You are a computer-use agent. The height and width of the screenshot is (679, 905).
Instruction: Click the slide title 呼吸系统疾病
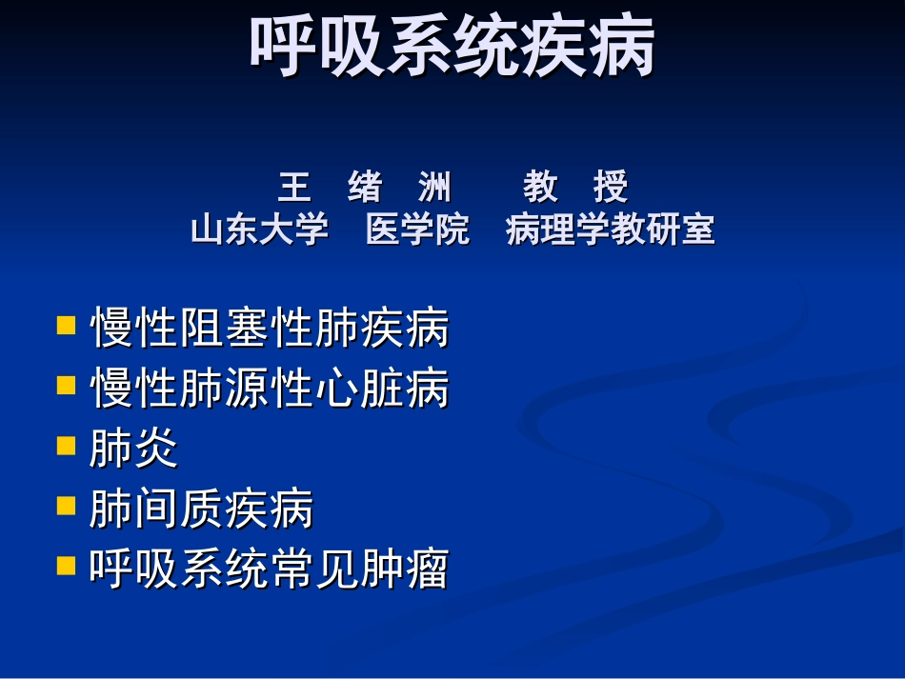point(452,47)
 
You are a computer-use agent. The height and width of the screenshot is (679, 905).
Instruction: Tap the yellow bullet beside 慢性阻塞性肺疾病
point(66,326)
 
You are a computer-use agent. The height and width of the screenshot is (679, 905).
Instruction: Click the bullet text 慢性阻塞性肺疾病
point(270,330)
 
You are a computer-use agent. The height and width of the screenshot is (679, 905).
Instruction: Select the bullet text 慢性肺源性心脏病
point(270,389)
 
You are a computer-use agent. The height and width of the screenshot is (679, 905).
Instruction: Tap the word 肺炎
point(133,449)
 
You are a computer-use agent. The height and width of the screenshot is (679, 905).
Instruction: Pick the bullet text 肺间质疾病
point(201,509)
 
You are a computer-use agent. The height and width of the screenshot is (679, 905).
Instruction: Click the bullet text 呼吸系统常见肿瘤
point(270,569)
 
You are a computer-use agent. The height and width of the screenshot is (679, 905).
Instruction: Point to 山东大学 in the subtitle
point(260,230)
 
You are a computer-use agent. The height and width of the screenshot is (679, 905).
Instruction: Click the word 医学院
point(417,230)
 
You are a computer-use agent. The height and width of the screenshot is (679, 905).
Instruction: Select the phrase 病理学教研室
point(610,230)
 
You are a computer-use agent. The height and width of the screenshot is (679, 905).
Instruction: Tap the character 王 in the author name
point(294,188)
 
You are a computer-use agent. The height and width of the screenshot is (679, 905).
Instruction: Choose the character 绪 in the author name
point(365,188)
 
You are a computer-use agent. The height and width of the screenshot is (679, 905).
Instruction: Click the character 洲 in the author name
point(434,188)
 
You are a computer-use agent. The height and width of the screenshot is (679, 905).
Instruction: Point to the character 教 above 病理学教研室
point(540,188)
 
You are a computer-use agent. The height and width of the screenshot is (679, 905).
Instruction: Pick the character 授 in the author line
point(611,188)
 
